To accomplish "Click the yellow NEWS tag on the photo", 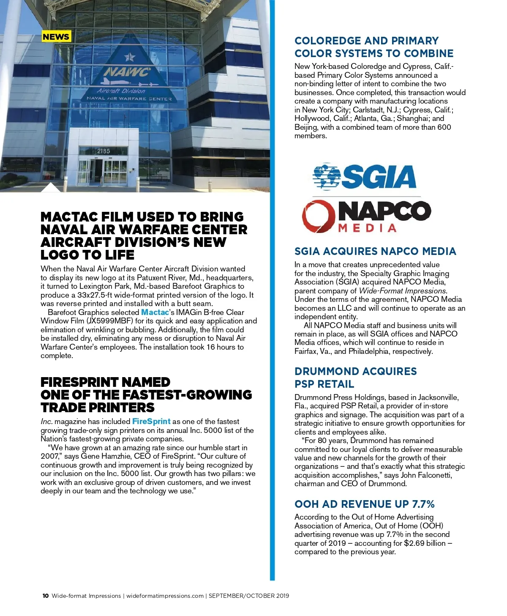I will [x=56, y=37].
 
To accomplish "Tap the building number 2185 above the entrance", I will [x=104, y=151].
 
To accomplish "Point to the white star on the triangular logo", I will [x=130, y=57].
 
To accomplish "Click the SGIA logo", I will [x=365, y=177].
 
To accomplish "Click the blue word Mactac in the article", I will [x=155, y=312].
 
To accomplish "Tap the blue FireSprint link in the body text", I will [x=151, y=422].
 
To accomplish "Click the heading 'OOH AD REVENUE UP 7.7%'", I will [x=364, y=504].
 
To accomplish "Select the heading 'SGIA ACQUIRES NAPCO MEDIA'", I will [x=375, y=252].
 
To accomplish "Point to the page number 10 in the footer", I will [x=46, y=596].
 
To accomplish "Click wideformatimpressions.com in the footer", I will [x=165, y=596].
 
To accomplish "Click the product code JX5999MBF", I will [x=110, y=321].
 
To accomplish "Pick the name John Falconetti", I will [x=426, y=475].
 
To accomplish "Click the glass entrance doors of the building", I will [x=104, y=171].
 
